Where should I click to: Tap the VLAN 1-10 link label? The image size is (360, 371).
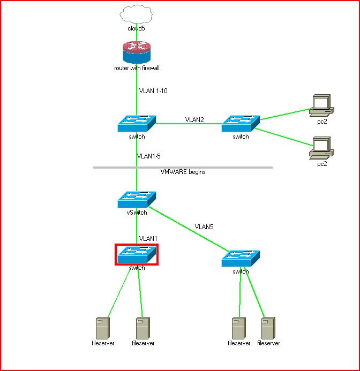pos(153,91)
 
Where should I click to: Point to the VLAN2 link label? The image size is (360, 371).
pos(194,119)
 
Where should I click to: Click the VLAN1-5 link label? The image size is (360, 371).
pos(148,156)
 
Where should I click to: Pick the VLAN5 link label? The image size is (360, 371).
pos(204,226)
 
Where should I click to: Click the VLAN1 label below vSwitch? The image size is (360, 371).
pos(148,238)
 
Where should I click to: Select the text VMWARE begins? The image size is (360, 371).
pos(183,172)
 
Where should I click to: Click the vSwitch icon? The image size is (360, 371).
pos(137,200)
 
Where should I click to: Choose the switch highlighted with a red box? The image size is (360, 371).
pos(137,254)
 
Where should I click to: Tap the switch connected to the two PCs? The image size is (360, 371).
pos(241,124)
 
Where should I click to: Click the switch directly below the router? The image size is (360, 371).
pos(137,124)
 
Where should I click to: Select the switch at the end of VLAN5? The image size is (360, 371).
pos(241,259)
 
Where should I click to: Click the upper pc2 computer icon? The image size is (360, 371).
pos(322,104)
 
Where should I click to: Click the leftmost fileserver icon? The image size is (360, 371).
pos(102,327)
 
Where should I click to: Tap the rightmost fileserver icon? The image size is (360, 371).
pos(268,327)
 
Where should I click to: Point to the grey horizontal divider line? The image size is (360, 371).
pos(118,168)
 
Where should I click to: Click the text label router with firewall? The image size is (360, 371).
pos(137,68)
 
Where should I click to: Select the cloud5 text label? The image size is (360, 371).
pos(137,28)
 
